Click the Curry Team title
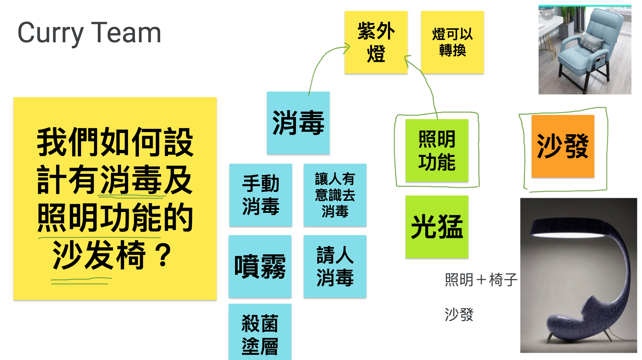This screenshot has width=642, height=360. click(x=89, y=33)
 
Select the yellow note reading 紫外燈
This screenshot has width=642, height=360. click(x=376, y=42)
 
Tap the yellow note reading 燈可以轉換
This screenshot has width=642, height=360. click(x=452, y=42)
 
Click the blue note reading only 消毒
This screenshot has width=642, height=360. click(x=298, y=123)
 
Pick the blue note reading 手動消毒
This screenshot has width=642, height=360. click(x=261, y=195)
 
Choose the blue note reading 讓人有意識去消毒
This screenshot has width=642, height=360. click(x=335, y=195)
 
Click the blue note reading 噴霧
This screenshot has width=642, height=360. click(x=260, y=267)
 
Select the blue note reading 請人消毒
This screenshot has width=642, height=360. click(x=335, y=267)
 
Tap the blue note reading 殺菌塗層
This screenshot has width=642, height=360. click(x=260, y=332)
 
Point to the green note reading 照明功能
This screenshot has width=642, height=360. click(x=437, y=151)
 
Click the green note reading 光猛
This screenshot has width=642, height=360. click(x=437, y=227)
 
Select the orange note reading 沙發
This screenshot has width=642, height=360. click(x=563, y=146)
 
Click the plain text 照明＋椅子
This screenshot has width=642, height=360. click(x=481, y=280)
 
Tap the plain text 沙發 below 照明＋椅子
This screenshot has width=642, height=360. click(x=459, y=315)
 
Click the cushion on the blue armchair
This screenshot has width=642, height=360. click(x=591, y=44)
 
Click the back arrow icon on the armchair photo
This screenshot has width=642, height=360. click(x=548, y=15)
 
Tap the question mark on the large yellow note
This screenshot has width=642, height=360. click(x=164, y=255)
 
